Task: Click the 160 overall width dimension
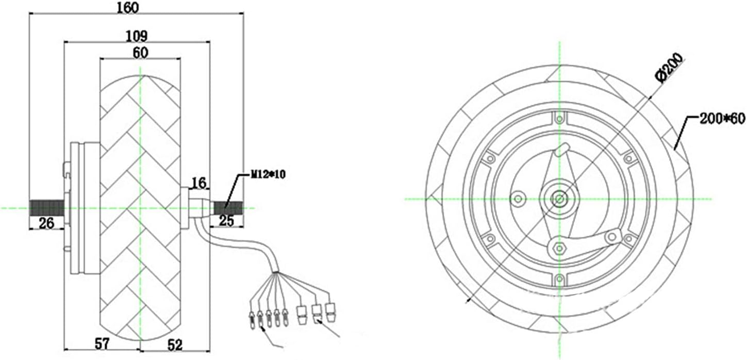tap(128, 7)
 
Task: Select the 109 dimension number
tap(137, 36)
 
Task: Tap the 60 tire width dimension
tap(140, 53)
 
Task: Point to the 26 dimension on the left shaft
tap(46, 222)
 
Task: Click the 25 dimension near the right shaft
tap(226, 221)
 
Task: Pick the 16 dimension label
tap(199, 183)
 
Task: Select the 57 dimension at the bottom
tap(102, 343)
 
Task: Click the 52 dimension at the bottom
tap(175, 345)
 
